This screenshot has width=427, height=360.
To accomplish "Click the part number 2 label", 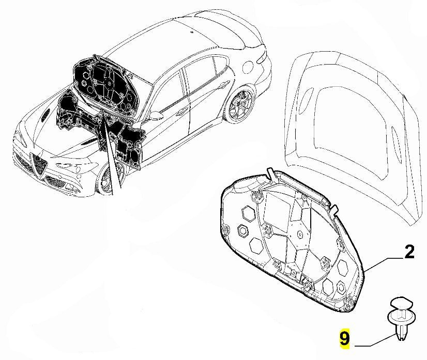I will [x=409, y=252].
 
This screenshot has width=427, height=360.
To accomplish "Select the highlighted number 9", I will [x=344, y=339].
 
